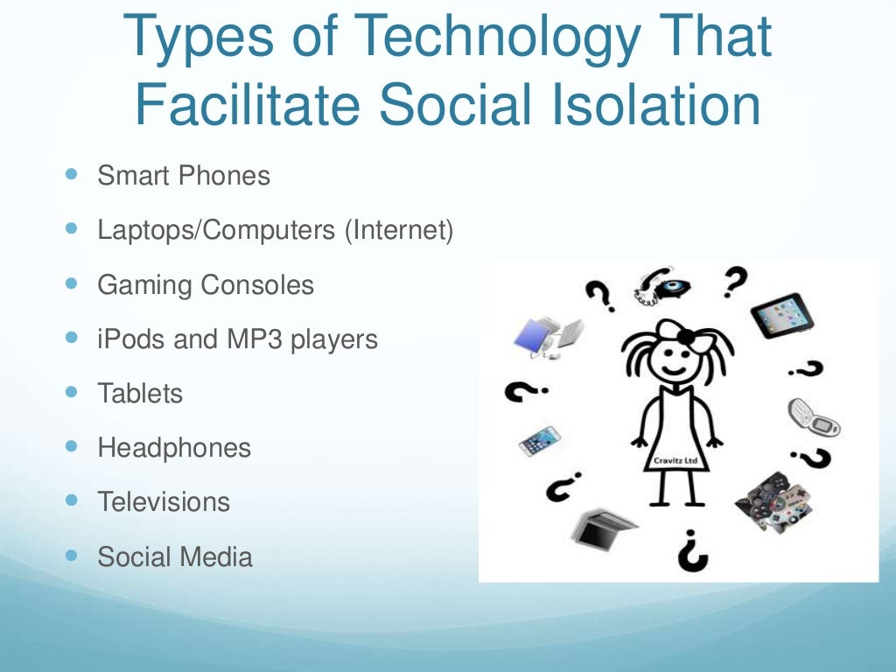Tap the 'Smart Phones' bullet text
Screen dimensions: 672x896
click(184, 176)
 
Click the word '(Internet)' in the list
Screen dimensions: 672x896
click(399, 231)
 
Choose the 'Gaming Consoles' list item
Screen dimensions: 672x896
click(206, 285)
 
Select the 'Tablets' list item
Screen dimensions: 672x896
click(140, 394)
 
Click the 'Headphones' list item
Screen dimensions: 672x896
click(174, 448)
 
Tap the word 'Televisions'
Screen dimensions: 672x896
click(164, 502)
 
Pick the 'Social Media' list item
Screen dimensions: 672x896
click(175, 556)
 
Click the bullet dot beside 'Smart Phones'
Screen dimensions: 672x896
click(71, 175)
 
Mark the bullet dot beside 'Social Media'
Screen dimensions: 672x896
click(71, 556)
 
